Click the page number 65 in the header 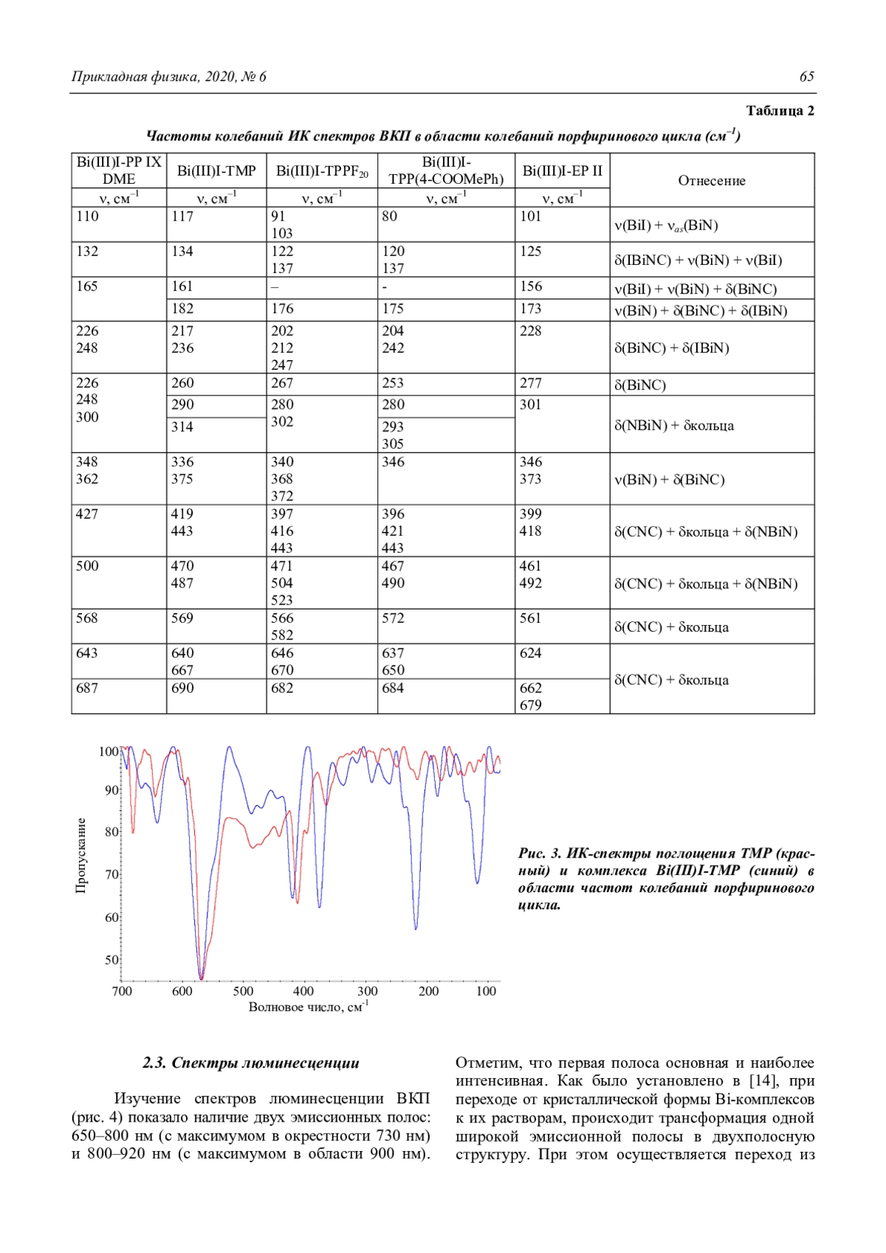click(x=806, y=77)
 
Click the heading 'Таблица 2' click(x=780, y=111)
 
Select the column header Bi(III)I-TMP click(x=216, y=171)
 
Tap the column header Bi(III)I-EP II click(x=562, y=171)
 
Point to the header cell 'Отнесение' click(x=712, y=181)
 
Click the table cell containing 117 click(x=182, y=216)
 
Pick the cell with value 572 click(x=393, y=618)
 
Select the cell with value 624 click(x=530, y=653)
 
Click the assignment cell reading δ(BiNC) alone click(x=640, y=385)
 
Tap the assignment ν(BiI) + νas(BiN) click(x=666, y=226)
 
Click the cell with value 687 click(x=87, y=688)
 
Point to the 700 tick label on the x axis click(x=122, y=991)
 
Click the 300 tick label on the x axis click(x=367, y=991)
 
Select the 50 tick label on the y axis click(x=111, y=960)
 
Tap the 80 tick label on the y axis click(x=111, y=832)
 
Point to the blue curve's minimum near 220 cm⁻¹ click(x=416, y=928)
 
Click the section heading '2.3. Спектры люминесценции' click(x=251, y=1063)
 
